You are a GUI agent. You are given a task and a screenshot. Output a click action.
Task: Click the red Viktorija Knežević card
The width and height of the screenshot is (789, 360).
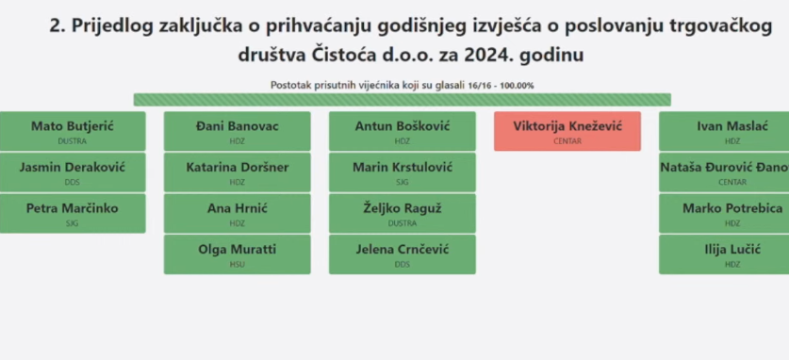click(x=567, y=131)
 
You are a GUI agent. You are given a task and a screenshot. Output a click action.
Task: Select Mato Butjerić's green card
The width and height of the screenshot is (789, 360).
click(x=73, y=131)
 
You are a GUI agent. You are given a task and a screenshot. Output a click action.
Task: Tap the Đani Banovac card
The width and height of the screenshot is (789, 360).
click(x=237, y=131)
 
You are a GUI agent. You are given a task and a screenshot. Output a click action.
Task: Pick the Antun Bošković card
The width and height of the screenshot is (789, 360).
click(x=403, y=131)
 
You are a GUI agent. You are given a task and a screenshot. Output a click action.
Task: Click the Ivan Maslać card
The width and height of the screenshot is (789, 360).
click(x=724, y=131)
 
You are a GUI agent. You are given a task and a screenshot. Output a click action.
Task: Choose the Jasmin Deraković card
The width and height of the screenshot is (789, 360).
click(x=73, y=172)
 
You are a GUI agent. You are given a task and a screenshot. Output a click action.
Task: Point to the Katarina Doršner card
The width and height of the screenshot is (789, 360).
click(x=237, y=172)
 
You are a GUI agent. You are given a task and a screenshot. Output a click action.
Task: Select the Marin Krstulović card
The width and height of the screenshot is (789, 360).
click(x=403, y=172)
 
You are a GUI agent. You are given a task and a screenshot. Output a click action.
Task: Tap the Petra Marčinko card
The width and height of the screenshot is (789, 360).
click(x=73, y=214)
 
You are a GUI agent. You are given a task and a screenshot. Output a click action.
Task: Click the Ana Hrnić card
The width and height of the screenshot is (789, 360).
click(x=237, y=214)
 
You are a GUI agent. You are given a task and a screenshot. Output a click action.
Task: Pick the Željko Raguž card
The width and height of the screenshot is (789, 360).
click(x=403, y=214)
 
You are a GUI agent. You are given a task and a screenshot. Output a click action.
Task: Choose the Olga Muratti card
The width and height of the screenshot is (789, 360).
click(x=237, y=254)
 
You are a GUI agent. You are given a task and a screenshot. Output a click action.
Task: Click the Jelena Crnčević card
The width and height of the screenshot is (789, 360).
click(x=403, y=254)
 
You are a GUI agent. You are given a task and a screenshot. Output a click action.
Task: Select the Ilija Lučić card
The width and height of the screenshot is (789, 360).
click(x=724, y=254)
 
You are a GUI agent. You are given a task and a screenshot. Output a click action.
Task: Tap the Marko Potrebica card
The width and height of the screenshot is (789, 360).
click(x=724, y=214)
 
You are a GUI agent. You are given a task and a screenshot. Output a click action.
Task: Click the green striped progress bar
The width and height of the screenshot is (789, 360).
click(x=403, y=100)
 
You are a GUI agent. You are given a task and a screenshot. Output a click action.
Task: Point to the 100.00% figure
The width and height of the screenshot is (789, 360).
click(x=517, y=86)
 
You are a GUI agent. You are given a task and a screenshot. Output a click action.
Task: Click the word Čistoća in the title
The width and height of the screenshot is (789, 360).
click(x=342, y=55)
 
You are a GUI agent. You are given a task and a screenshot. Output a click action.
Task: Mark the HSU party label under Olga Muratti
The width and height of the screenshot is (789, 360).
click(x=237, y=265)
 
